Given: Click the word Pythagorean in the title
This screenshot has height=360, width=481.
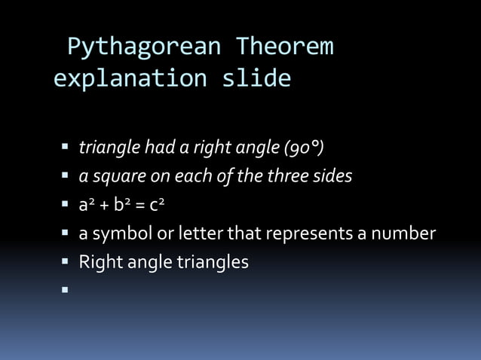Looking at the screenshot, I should (144, 48).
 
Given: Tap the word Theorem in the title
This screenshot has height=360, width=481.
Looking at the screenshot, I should (284, 47).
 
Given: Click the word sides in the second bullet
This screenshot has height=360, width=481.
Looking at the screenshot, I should (332, 175).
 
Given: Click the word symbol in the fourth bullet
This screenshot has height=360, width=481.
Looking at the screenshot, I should (122, 234).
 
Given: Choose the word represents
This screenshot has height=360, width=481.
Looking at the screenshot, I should (305, 234).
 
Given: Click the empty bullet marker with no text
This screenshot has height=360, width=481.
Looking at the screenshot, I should (66, 289).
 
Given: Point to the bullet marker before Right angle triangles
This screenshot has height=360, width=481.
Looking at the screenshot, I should (66, 262).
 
